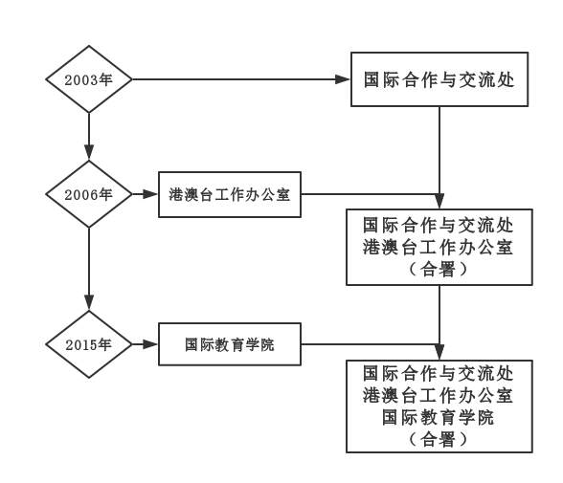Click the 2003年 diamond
(89, 79)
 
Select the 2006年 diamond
(89, 194)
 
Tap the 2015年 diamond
(89, 344)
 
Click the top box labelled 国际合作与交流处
(439, 79)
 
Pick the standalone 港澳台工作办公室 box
(230, 194)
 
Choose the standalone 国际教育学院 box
(230, 344)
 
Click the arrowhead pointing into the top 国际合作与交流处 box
(342, 79)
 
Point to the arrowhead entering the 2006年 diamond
(89, 152)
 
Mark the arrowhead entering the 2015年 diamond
(89, 302)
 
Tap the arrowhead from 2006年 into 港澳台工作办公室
(151, 194)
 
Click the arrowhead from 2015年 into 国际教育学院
(151, 344)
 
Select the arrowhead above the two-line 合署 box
(439, 202)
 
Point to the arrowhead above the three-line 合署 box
(439, 352)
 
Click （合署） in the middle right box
(439, 269)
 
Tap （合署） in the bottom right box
(439, 439)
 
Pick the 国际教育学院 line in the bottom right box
(439, 417)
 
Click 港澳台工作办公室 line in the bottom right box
(439, 395)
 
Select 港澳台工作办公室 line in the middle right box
(439, 247)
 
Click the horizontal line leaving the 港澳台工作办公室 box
(371, 194)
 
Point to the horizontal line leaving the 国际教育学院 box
(371, 344)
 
